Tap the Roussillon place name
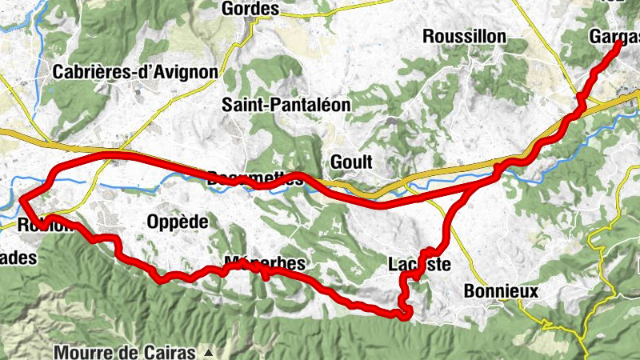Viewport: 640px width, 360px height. [464, 37]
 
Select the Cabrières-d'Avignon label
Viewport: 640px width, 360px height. [135, 72]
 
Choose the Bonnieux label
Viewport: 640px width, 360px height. [501, 292]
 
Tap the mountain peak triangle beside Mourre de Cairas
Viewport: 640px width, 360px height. [209, 352]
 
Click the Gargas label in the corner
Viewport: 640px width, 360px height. [614, 37]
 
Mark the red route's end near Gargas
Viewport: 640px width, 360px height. [619, 46]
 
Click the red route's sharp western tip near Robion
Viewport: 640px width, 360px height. [22, 198]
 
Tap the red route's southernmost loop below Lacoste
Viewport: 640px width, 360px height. [405, 312]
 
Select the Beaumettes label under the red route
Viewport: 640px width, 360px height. [256, 178]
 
